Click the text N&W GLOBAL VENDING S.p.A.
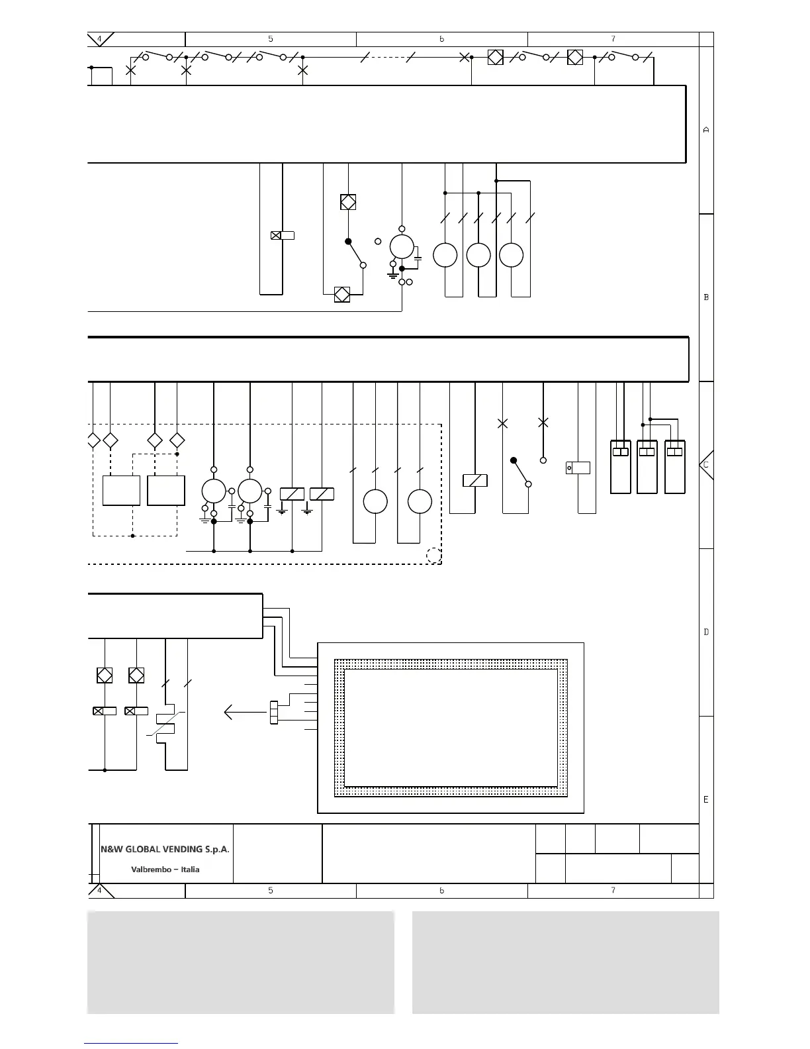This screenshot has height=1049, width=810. [x=165, y=849]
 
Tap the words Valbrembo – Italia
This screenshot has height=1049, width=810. [x=165, y=870]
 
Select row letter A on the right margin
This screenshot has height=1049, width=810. [x=706, y=130]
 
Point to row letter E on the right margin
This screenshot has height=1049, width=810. [x=706, y=799]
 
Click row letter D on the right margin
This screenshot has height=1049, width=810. [x=706, y=632]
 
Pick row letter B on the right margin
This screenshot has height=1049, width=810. [x=706, y=297]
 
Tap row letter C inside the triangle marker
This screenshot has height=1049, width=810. [x=706, y=465]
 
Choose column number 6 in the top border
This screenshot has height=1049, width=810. [x=441, y=39]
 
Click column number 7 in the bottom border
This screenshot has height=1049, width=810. [x=613, y=891]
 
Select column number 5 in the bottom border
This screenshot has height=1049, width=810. [x=271, y=891]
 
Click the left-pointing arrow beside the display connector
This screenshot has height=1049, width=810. [x=245, y=713]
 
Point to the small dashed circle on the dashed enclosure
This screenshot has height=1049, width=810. [x=433, y=556]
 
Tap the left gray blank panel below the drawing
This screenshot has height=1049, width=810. [x=240, y=962]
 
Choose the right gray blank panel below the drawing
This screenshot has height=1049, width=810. [x=565, y=962]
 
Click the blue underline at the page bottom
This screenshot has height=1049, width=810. [x=130, y=1043]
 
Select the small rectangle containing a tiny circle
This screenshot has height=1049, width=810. [x=578, y=468]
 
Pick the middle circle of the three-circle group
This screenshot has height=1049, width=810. [x=478, y=255]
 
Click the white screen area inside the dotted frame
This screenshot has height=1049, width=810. [x=451, y=727]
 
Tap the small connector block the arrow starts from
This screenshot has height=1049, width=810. [x=274, y=713]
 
